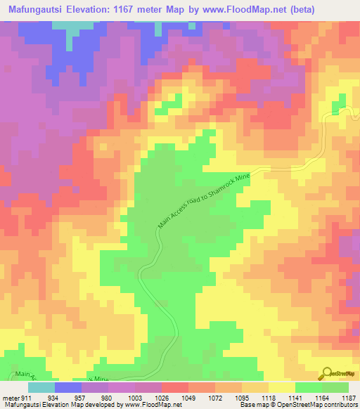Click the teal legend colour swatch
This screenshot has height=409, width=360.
[x=41, y=387]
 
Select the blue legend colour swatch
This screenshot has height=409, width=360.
[x=68, y=387]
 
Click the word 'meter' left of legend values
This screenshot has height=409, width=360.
[x=12, y=397]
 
